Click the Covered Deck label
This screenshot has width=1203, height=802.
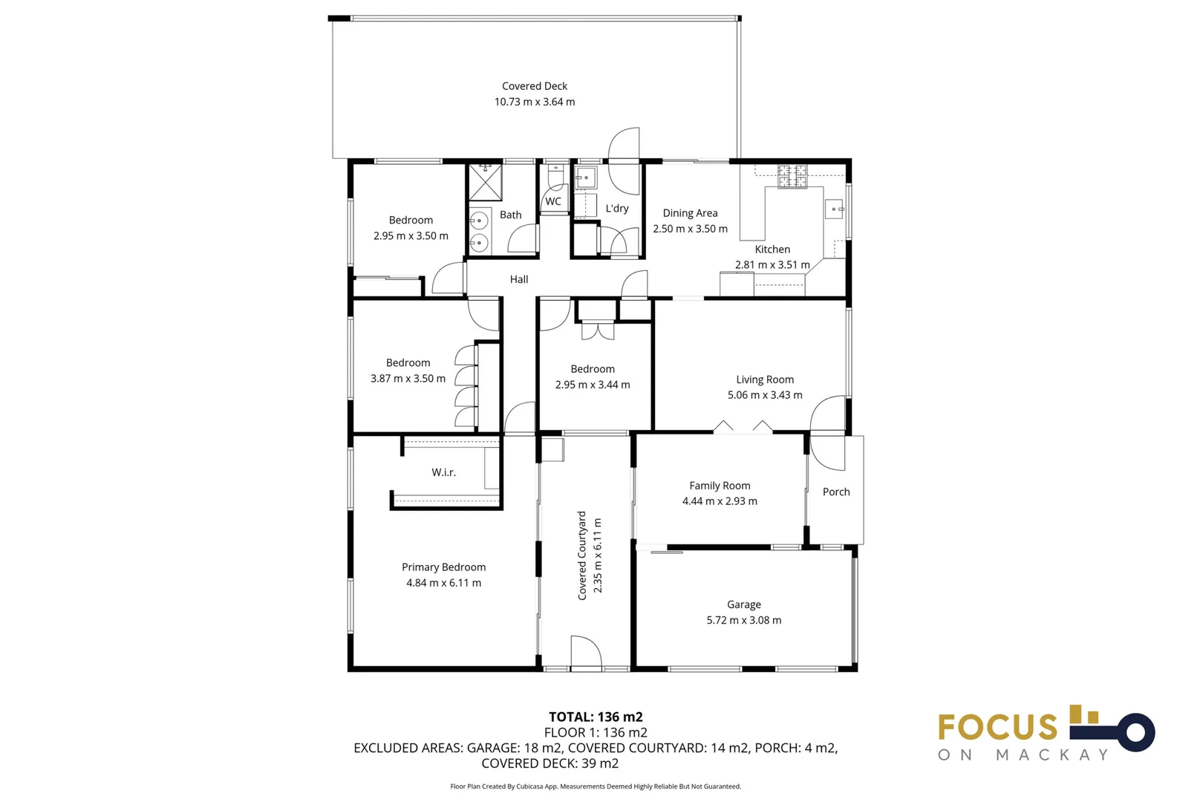(534, 86)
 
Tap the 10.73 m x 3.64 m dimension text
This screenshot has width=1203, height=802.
(534, 102)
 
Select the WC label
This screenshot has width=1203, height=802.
(552, 201)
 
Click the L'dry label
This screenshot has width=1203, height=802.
(616, 209)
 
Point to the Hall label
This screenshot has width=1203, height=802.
(518, 279)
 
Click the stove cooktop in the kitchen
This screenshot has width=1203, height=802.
(792, 176)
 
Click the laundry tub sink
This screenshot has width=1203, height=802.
(585, 177)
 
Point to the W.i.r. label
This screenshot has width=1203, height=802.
(443, 472)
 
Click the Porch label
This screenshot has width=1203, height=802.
(835, 492)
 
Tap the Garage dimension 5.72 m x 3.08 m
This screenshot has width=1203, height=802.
(743, 620)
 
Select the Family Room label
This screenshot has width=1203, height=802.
(719, 486)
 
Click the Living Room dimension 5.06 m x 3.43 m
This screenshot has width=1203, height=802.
(764, 395)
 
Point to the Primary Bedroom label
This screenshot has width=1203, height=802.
(443, 567)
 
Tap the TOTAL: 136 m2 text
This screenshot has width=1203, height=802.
(596, 717)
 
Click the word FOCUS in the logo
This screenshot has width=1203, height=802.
(997, 727)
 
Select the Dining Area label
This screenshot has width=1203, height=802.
(689, 213)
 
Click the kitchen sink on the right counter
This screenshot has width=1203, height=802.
(833, 209)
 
